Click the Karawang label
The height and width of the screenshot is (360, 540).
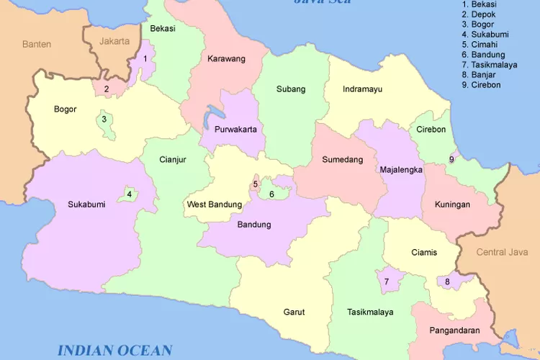pos(227,58)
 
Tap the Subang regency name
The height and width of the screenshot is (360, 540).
pos(291,89)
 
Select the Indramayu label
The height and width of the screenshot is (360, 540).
pos(363,89)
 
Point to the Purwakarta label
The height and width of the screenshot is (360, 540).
pos(235,130)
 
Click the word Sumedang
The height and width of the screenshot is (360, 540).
pos(342,159)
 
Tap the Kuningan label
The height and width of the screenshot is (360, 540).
pos(452,204)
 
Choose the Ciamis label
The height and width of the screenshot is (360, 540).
pos(424,252)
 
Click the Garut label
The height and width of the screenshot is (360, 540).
pos(294,312)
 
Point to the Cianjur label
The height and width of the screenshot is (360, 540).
pos(173,160)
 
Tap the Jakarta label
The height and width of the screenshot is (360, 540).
pos(115,41)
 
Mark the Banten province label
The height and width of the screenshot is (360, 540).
pos(37,44)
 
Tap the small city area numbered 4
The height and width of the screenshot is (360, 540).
pos(130,194)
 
